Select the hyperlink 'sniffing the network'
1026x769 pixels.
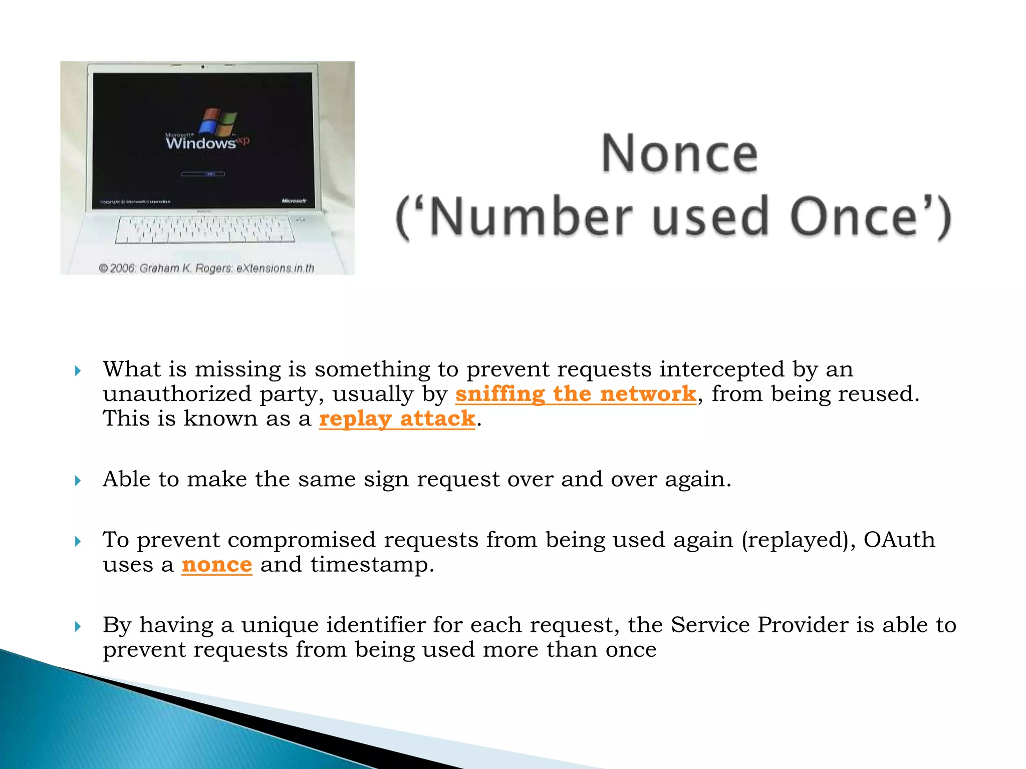575,394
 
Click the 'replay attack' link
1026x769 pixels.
397,419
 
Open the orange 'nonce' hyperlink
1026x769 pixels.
216,565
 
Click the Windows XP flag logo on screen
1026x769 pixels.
217,122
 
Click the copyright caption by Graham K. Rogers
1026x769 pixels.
206,268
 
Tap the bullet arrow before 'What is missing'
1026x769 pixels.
78,371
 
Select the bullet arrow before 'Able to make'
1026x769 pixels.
78,481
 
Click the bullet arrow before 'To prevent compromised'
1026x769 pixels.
78,541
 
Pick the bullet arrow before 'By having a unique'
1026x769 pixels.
78,626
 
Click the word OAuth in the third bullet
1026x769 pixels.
899,540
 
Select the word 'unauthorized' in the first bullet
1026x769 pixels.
177,394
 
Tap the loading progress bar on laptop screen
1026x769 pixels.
202,174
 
